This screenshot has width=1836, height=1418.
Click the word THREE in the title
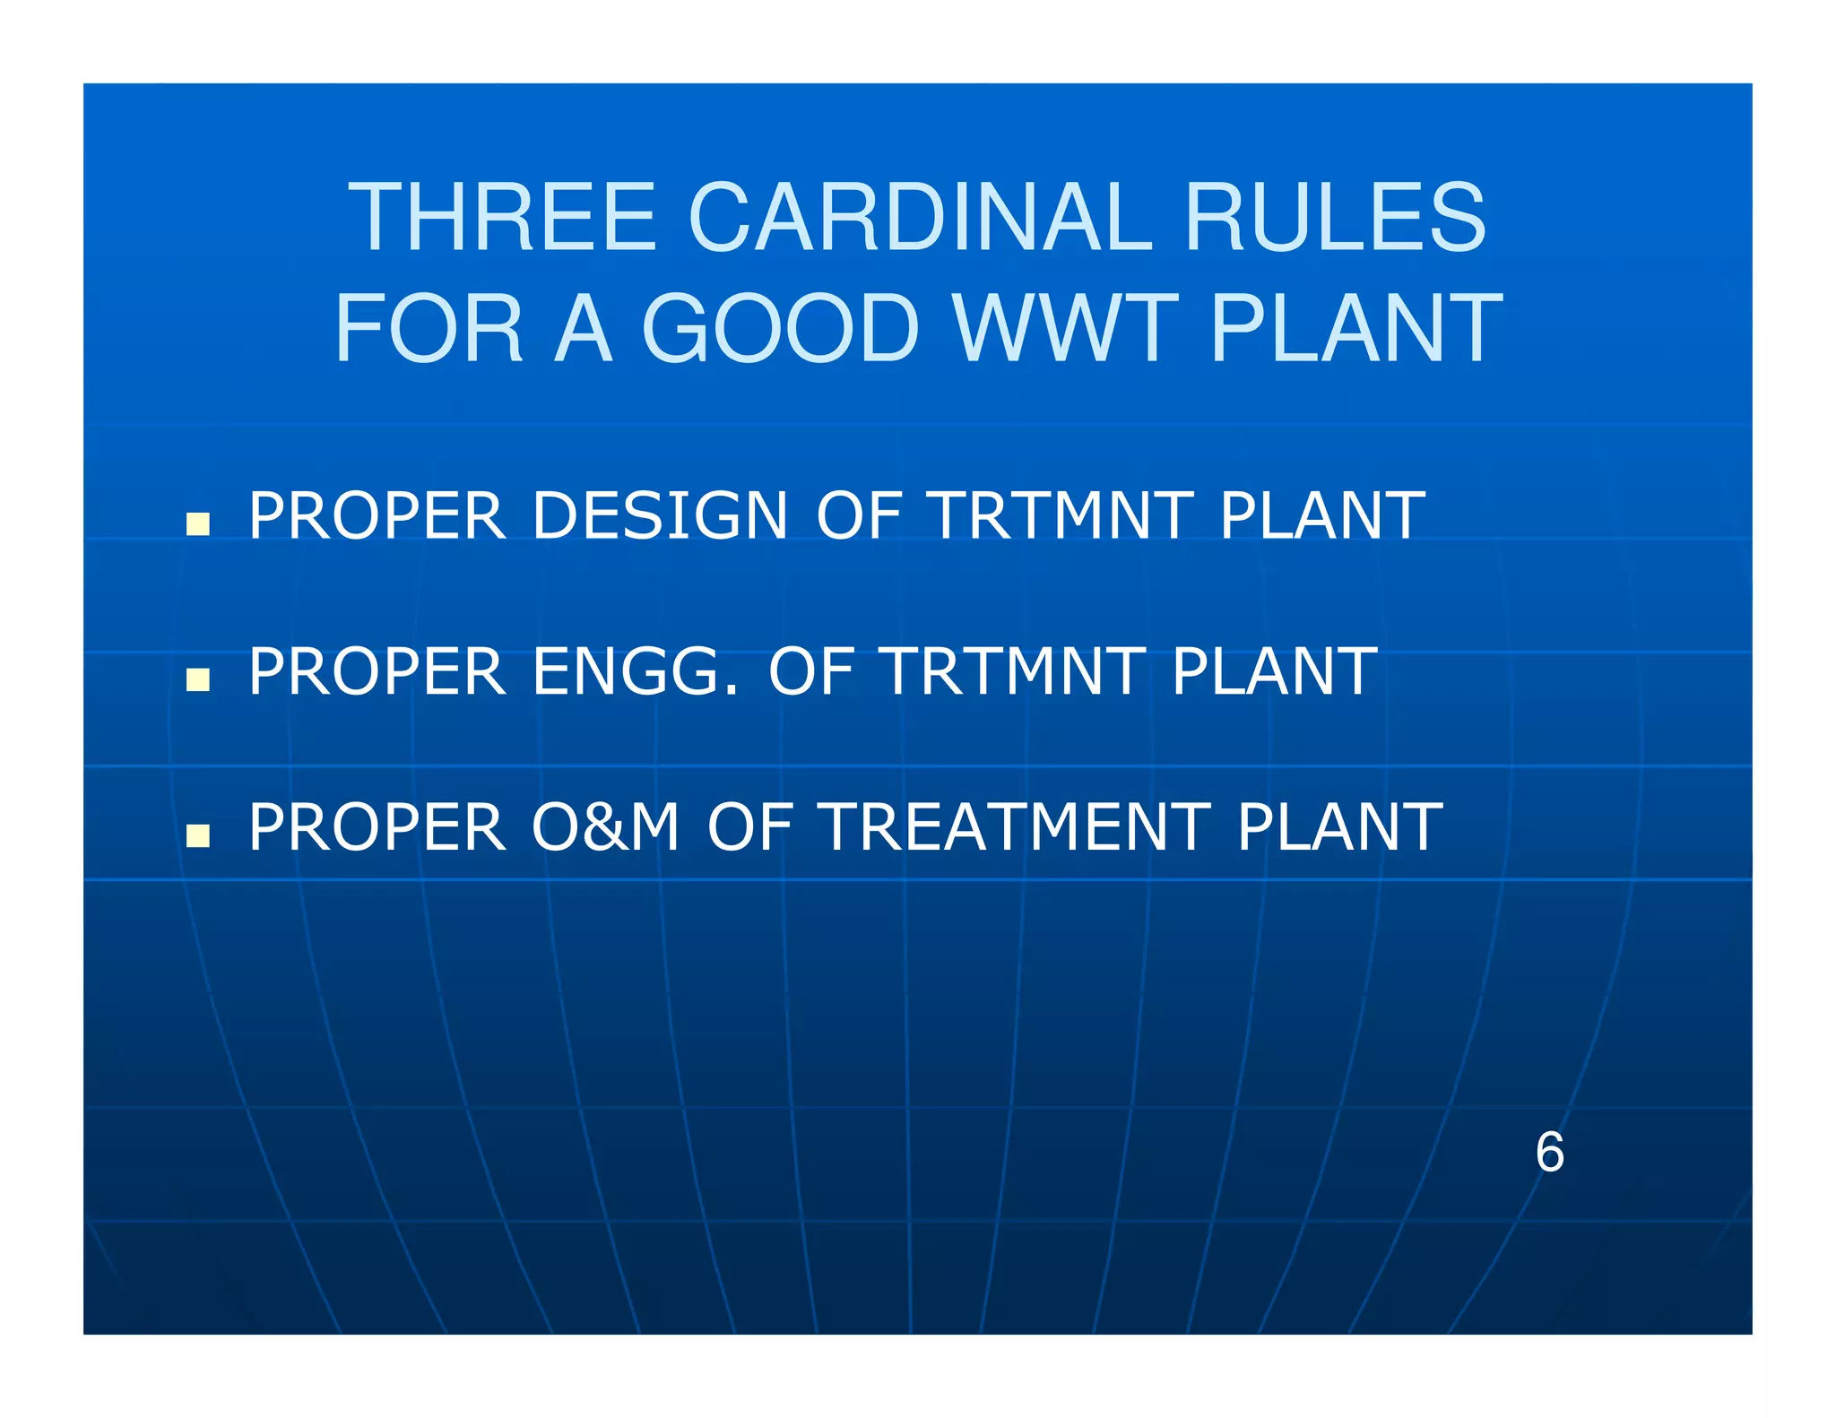click(x=503, y=218)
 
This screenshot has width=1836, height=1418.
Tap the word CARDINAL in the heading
click(x=920, y=218)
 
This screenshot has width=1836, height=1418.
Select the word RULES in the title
click(x=1335, y=218)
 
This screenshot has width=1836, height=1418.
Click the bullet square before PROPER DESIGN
click(x=197, y=523)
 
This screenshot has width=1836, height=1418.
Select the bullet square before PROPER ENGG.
click(x=197, y=679)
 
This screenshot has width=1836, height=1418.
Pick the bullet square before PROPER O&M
click(x=197, y=835)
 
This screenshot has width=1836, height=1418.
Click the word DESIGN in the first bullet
click(x=660, y=516)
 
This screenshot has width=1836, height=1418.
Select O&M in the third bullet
click(x=605, y=827)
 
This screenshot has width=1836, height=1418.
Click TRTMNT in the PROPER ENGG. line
click(x=1013, y=672)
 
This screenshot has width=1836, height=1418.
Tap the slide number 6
click(x=1549, y=1153)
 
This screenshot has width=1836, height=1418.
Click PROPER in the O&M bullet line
click(x=377, y=827)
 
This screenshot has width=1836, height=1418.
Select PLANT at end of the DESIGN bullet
click(x=1321, y=516)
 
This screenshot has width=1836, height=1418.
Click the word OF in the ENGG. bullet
click(x=810, y=672)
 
